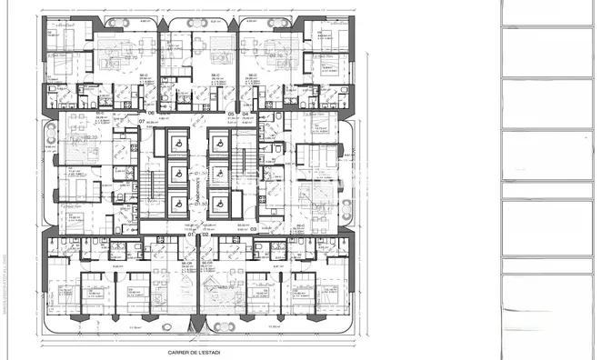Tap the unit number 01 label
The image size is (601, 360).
[191, 235]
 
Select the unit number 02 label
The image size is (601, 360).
[205, 235]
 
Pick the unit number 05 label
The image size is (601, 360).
[231, 114]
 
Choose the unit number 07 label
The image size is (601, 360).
[142, 121]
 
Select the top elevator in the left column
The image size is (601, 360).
[177, 143]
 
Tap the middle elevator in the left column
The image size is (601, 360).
[177, 175]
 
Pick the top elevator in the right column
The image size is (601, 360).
[219, 143]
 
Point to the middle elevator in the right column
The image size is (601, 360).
[219, 175]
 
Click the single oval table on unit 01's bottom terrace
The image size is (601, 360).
[166, 325]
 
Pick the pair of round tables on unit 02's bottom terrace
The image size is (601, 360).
[215, 325]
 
